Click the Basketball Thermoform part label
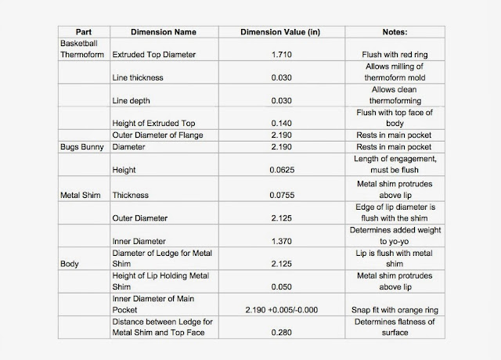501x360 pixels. [x=85, y=50]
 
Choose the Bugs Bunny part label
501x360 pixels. [x=83, y=146]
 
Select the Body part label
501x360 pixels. [x=70, y=264]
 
